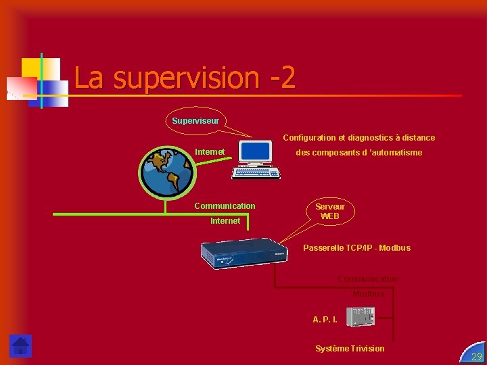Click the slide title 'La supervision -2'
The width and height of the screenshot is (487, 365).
(x=185, y=78)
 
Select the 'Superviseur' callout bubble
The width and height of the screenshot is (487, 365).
(x=195, y=120)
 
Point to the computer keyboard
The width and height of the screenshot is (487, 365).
(x=256, y=172)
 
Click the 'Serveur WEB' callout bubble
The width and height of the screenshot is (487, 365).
(x=329, y=211)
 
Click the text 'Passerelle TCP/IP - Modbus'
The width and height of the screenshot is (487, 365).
(x=356, y=248)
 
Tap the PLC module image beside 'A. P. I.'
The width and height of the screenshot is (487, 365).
(x=360, y=316)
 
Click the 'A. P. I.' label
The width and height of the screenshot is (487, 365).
(x=325, y=318)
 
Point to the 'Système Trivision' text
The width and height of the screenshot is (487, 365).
(x=350, y=349)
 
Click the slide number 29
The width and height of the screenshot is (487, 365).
(x=476, y=356)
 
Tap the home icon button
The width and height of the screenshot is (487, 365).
(x=20, y=345)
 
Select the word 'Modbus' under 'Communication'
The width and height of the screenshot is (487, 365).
(x=368, y=294)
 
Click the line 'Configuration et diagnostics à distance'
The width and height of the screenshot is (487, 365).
(x=358, y=138)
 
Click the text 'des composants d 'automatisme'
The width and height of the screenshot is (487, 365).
(x=358, y=153)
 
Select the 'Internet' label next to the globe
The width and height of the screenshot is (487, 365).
(x=210, y=152)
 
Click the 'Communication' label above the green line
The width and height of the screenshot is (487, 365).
(x=225, y=206)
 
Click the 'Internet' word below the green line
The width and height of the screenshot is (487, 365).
(x=225, y=221)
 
